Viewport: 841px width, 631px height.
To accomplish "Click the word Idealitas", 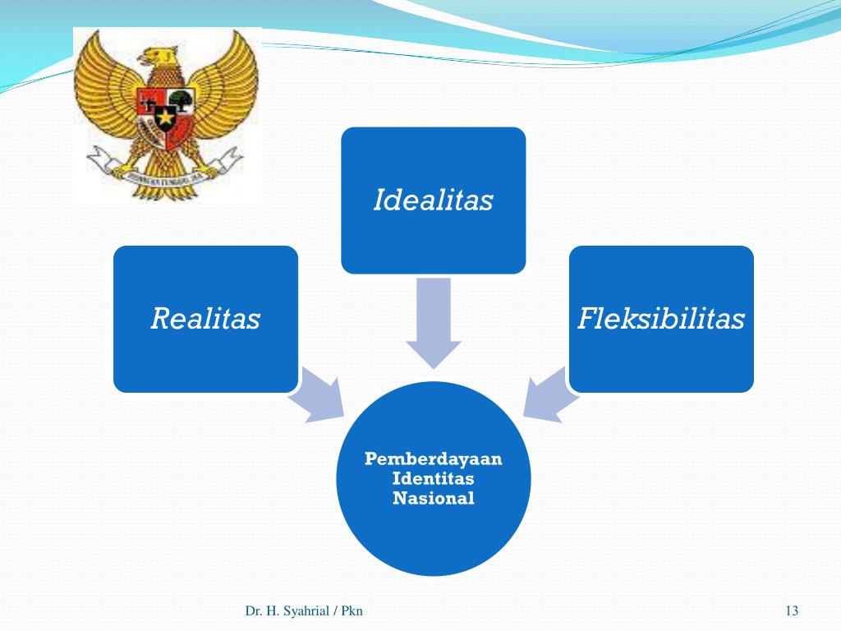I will [433, 200].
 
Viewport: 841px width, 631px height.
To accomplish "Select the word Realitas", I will [205, 319].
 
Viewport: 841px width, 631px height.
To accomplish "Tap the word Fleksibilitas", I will [661, 319].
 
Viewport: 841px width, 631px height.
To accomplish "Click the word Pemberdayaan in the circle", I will [433, 458].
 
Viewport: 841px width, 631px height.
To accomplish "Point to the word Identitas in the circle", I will [433, 478].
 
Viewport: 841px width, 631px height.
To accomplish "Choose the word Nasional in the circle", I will [433, 498].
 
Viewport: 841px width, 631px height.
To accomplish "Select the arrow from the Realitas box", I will [317, 392].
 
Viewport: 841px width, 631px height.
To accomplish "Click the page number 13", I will [792, 610].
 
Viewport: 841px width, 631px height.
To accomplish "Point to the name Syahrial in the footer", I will [305, 610].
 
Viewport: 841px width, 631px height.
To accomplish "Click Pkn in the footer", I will [352, 610].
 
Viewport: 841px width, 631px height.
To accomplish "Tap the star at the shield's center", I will [167, 117].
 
